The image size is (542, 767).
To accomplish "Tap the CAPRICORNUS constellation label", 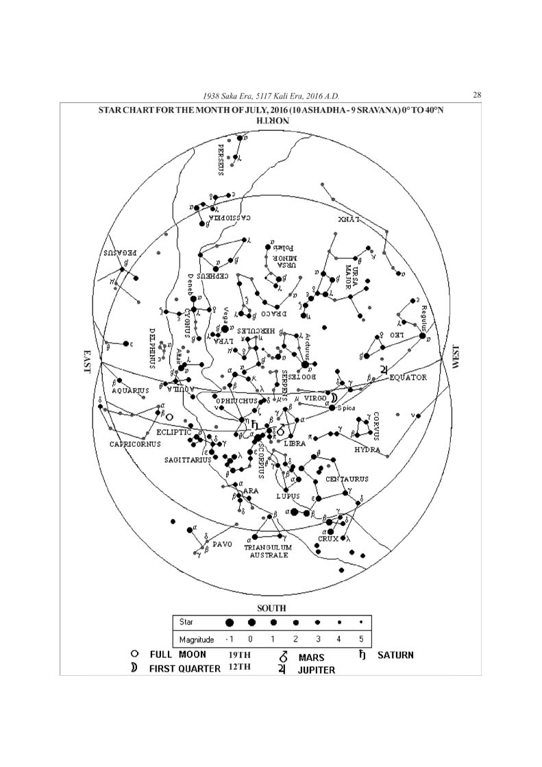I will [x=135, y=443].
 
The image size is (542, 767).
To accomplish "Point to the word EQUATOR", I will [x=408, y=377].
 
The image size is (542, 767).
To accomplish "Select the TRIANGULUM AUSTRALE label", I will [x=268, y=551].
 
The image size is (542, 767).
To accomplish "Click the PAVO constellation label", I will [x=223, y=544].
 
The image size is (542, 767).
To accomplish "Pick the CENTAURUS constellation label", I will [x=347, y=478].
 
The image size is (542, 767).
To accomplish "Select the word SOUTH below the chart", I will [x=271, y=608].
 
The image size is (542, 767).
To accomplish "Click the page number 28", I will [x=478, y=95].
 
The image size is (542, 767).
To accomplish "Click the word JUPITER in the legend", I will [x=317, y=670].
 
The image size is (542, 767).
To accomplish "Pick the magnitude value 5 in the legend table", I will [x=361, y=640].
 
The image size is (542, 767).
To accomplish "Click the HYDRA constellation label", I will [x=367, y=450].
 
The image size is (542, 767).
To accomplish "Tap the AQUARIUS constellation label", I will [x=130, y=391].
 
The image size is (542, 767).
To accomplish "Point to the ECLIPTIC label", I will [x=173, y=433].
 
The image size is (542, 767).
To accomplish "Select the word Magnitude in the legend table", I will [x=197, y=640].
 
